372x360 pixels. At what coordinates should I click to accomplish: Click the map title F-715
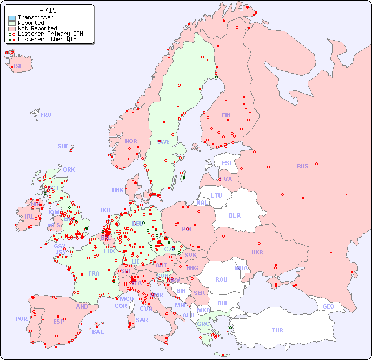pos(45,10)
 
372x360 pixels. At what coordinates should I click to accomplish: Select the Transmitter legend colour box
pos(12,18)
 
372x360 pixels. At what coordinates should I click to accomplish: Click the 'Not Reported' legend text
pos(37,29)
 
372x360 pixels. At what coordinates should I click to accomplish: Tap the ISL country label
pos(18,67)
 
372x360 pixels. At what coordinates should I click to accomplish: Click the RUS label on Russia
pos(302,166)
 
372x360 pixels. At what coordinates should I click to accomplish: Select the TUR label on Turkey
pos(277,330)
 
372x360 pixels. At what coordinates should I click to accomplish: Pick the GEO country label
pos(328,306)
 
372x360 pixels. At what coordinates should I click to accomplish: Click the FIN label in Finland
pos(226,115)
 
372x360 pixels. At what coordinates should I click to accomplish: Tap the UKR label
pos(257,252)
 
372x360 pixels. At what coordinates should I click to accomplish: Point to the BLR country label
pos(234,215)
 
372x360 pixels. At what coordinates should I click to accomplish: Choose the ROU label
pos(221,279)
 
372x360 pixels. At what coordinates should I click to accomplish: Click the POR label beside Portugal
pos(21,319)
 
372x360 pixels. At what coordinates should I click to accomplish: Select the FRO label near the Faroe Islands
pos(46,115)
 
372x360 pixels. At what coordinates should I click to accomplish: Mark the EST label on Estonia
pos(227,163)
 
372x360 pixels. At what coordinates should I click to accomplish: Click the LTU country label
pos(216,195)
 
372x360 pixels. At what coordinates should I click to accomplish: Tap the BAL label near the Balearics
pos(97,332)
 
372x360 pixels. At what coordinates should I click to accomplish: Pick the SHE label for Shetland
pos(63,146)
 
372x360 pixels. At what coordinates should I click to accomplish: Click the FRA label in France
pos(94,273)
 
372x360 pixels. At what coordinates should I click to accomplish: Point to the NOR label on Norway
pos(131,141)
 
